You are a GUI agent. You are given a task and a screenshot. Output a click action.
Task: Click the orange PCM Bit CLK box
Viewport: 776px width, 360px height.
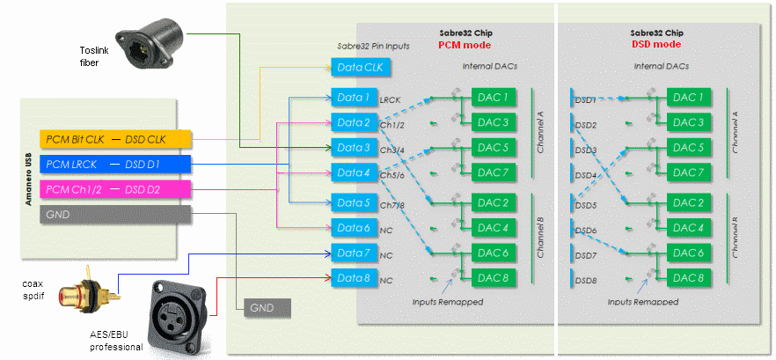point(115,140)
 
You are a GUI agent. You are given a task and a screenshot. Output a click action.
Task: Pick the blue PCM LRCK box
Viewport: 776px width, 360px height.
point(115,165)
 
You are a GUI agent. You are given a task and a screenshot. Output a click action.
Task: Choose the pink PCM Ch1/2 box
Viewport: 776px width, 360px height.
point(115,189)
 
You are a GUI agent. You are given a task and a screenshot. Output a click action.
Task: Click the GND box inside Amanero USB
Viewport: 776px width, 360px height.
point(115,215)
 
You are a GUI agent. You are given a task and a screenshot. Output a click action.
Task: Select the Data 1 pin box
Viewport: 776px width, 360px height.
point(352,96)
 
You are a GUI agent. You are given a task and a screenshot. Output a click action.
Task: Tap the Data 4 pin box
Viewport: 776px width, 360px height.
point(352,173)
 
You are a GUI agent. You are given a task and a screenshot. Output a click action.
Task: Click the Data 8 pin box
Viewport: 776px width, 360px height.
point(352,279)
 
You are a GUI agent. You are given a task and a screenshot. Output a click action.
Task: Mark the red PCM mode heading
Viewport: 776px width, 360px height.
point(464,44)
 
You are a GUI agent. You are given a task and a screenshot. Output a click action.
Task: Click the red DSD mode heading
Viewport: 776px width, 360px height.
point(656,44)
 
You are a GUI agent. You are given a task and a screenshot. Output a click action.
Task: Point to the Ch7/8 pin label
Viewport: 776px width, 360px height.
point(392,205)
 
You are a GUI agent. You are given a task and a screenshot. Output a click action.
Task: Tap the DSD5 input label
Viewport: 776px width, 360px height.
point(586,205)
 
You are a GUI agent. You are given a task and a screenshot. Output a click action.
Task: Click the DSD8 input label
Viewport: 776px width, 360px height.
point(586,282)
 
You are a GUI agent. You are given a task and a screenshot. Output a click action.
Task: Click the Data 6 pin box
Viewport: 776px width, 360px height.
point(352,228)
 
